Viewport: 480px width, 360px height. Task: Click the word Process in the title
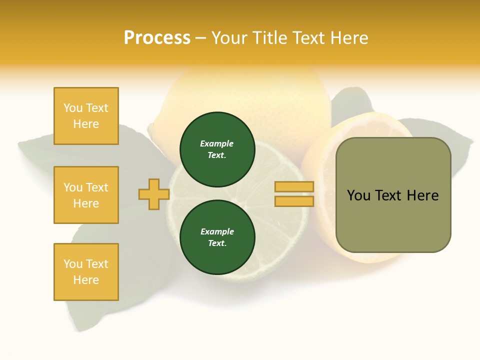157,38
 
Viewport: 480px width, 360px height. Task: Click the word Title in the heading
273,38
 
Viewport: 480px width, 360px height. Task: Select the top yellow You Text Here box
86,116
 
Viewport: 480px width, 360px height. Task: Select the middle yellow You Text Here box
86,195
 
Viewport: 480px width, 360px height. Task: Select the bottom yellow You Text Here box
86,272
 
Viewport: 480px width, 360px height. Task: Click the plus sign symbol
153,194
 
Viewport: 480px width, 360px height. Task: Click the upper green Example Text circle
217,149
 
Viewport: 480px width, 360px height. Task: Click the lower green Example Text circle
217,237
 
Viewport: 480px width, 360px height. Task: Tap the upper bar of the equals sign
294,187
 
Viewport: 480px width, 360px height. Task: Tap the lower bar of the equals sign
294,201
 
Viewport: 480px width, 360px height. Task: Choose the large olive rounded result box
393,220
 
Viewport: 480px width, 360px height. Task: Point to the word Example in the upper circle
217,143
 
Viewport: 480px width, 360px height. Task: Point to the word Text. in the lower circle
217,243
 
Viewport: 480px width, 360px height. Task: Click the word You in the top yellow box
73,108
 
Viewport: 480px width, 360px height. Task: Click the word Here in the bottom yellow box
86,280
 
